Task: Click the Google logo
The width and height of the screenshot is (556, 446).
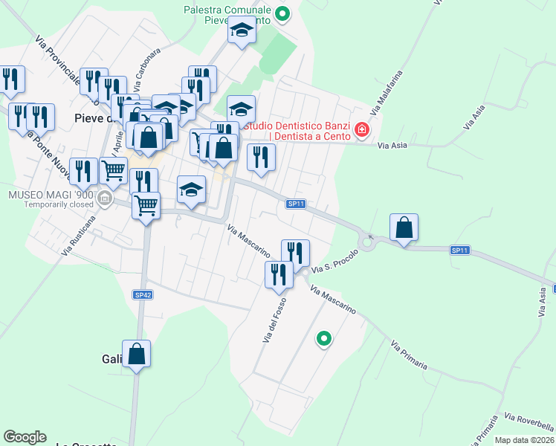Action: tap(25, 437)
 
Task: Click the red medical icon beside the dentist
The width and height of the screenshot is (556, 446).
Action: tap(362, 130)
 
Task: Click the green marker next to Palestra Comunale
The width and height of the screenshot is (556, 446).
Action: tap(282, 13)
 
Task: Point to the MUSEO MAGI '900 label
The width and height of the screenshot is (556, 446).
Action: tap(49, 195)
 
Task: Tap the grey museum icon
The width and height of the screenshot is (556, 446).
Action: tap(104, 198)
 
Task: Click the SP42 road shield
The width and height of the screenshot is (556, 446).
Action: tap(143, 295)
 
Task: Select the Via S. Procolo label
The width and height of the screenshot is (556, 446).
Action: tap(335, 260)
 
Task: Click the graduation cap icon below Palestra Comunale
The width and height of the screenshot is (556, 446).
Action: tap(241, 31)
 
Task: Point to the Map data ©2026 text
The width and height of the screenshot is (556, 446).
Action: tap(525, 440)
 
